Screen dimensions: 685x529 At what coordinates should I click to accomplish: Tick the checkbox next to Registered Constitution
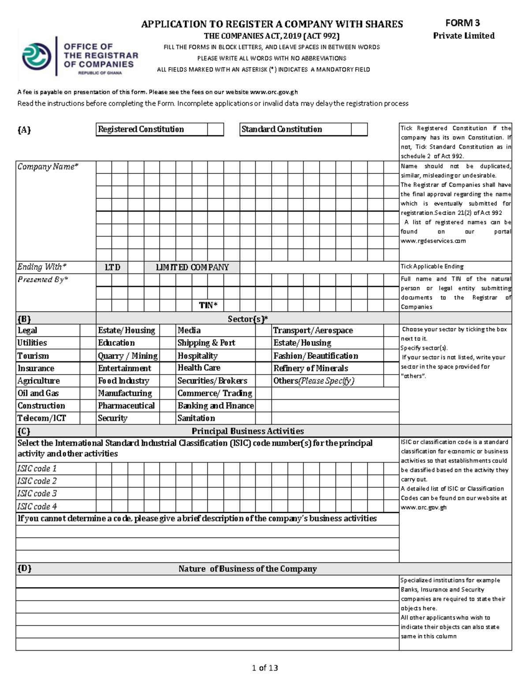216,129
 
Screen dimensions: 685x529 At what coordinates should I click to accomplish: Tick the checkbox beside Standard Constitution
359,129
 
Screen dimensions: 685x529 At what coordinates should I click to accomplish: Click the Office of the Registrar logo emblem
37,57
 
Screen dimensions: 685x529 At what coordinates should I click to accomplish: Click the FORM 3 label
462,23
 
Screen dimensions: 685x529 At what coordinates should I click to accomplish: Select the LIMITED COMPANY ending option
192,267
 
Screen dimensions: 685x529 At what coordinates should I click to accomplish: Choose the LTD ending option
112,267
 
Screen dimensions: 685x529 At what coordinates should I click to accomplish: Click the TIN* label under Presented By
208,305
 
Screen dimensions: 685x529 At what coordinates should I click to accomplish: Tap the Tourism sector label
33,356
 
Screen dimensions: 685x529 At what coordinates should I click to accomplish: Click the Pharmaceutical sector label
126,406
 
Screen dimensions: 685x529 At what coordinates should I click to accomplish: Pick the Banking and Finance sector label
216,406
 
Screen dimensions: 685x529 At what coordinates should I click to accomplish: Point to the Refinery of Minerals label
310,368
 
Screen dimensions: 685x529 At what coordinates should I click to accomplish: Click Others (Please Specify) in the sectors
313,381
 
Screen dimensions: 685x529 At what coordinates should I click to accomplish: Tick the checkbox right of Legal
88,330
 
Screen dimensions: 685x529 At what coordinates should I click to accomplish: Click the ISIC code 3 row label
37,494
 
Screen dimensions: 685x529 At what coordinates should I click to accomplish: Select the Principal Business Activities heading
247,431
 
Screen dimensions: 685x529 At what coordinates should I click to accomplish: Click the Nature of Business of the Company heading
247,569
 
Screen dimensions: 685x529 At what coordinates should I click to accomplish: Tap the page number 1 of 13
264,668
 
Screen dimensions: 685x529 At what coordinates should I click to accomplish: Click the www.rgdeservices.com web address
433,241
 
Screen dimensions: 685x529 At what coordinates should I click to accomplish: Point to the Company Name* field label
48,167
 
